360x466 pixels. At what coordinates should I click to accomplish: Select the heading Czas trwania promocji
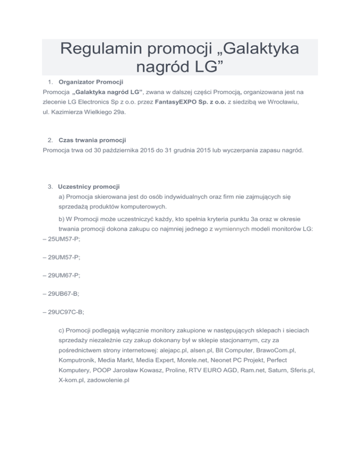pyautogui.click(x=93, y=140)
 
